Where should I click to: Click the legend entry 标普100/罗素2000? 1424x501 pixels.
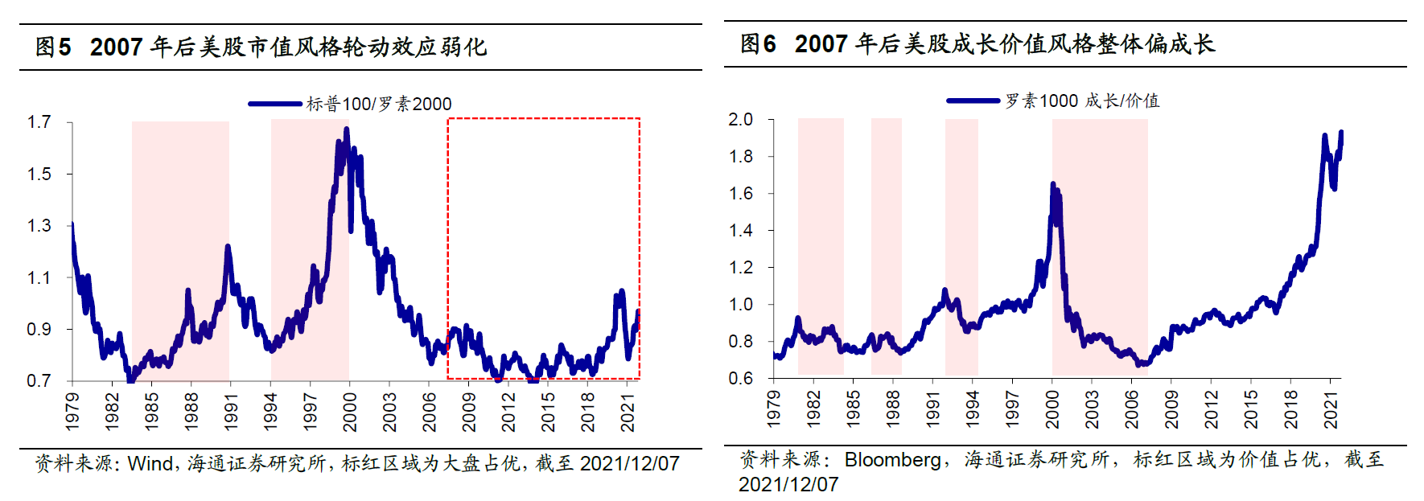[378, 104]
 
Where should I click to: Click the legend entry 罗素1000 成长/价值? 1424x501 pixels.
[1081, 101]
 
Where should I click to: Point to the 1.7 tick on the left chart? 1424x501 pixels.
[39, 122]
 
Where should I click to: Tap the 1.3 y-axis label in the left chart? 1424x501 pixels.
[39, 226]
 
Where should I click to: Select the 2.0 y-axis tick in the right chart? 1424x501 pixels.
[740, 120]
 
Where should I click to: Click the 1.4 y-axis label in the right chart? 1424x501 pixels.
[740, 231]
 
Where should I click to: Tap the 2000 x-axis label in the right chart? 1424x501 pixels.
[1052, 409]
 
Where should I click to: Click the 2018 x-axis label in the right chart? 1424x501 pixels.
[1290, 409]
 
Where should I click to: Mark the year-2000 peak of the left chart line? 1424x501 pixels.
[347, 129]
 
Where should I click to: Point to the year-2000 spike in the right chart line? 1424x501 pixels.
[1053, 186]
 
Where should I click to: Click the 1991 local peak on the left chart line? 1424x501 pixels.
[228, 247]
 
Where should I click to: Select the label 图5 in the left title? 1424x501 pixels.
[53, 47]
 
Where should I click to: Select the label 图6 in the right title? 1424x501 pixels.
[758, 44]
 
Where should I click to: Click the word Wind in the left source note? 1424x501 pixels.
[150, 464]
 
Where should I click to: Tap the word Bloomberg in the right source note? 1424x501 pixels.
[892, 460]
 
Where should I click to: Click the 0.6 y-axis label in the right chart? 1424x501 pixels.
[740, 379]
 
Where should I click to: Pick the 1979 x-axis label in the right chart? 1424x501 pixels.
[774, 409]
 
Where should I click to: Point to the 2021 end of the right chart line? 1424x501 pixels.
[1340, 133]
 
